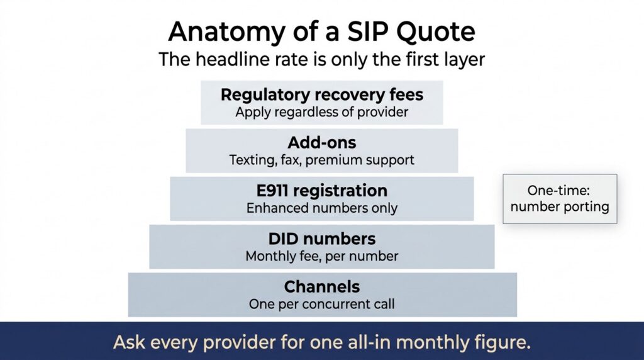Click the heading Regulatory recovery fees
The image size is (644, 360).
[x=322, y=94]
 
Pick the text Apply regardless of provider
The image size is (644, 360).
[x=322, y=112]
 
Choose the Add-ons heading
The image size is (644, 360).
[x=322, y=143]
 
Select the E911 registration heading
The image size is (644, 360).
[x=322, y=191]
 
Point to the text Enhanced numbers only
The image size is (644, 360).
[x=322, y=208]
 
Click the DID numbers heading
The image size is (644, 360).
[x=322, y=239]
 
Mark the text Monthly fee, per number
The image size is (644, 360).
[x=322, y=256]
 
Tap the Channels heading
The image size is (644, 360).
[x=322, y=287]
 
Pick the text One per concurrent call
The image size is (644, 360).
[x=322, y=304]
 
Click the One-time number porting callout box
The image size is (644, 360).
[x=560, y=199]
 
